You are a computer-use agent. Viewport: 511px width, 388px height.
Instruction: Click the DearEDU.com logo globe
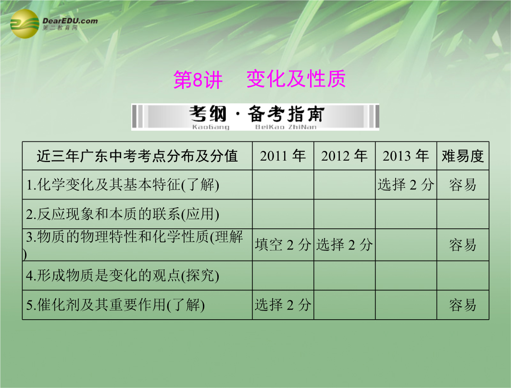(25, 24)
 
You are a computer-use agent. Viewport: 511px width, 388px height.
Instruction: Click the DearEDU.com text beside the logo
(70, 21)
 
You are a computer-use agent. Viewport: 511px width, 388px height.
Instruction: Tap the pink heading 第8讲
(198, 79)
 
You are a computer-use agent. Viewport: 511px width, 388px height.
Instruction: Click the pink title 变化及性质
(296, 79)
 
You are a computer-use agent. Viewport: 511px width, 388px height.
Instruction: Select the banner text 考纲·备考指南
(257, 114)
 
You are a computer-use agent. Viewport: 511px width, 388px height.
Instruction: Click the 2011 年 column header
(283, 156)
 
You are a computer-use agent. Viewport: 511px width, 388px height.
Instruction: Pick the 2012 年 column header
(344, 156)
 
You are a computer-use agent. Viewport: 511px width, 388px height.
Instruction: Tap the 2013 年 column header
(406, 156)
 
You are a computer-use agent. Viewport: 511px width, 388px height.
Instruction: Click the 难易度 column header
(463, 156)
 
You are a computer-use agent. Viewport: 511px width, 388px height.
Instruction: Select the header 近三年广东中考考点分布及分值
(137, 156)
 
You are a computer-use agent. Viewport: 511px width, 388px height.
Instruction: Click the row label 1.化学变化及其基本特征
(123, 185)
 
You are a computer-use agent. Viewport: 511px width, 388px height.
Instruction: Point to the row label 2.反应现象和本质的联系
(123, 214)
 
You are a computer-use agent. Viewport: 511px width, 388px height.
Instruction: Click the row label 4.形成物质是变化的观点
(123, 276)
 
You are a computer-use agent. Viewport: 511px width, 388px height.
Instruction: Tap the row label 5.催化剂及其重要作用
(115, 305)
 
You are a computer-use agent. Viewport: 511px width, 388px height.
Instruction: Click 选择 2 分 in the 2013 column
(406, 185)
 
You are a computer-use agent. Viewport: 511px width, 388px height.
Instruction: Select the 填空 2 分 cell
(283, 245)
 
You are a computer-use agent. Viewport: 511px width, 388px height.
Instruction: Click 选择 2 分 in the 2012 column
(345, 245)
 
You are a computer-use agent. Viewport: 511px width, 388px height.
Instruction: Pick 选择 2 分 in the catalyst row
(283, 305)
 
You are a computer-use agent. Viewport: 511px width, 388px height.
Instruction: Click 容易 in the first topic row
(463, 185)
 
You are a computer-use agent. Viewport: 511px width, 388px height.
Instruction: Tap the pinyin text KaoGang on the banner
(211, 127)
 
